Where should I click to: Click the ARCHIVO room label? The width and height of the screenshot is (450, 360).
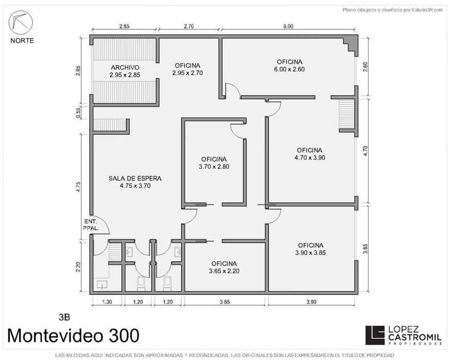125,71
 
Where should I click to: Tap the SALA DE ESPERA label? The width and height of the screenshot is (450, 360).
135,182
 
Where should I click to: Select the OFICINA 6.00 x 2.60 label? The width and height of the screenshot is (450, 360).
289,65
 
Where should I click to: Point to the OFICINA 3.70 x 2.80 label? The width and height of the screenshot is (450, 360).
214,163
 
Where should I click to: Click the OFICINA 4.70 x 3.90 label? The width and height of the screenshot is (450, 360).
310,154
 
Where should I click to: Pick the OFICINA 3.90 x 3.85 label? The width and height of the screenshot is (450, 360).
310,249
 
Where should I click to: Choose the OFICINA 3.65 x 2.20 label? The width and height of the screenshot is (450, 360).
224,267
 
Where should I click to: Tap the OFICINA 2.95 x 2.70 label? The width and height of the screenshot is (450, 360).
187,69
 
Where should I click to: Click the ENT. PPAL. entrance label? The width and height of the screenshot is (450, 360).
91,225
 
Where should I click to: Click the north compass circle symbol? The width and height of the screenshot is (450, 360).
21,22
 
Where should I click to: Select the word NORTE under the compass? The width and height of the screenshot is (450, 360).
22,40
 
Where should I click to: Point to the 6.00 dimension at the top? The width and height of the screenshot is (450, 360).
289,26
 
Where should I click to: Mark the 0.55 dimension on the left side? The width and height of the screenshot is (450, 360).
78,113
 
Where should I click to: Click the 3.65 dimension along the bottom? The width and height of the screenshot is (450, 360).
224,302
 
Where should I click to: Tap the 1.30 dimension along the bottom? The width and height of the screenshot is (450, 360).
107,302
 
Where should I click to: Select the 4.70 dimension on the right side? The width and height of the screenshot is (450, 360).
365,151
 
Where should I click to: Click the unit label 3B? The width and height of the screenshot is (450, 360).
64,317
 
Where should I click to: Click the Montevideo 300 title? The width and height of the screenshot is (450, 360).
73,336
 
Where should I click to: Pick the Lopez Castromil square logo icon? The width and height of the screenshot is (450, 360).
375,335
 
